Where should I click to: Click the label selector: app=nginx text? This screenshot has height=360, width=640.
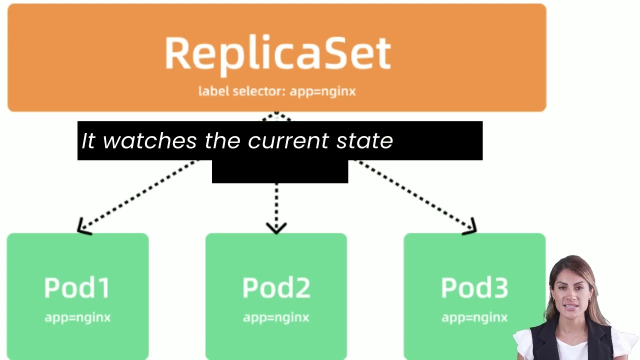(x=277, y=91)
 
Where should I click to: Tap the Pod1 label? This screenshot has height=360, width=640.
(x=77, y=287)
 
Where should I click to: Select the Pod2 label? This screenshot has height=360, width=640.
(x=276, y=287)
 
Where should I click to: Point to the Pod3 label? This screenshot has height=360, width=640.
(x=474, y=287)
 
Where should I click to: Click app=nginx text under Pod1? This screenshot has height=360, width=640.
(x=77, y=317)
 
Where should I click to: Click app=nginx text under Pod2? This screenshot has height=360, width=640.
(x=276, y=317)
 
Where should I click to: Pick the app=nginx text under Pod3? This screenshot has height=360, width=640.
(x=474, y=317)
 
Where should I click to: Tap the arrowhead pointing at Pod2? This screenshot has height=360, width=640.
(x=276, y=228)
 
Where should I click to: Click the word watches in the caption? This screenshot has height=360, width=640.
(x=150, y=141)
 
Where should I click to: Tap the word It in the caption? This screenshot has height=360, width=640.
(x=88, y=141)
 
